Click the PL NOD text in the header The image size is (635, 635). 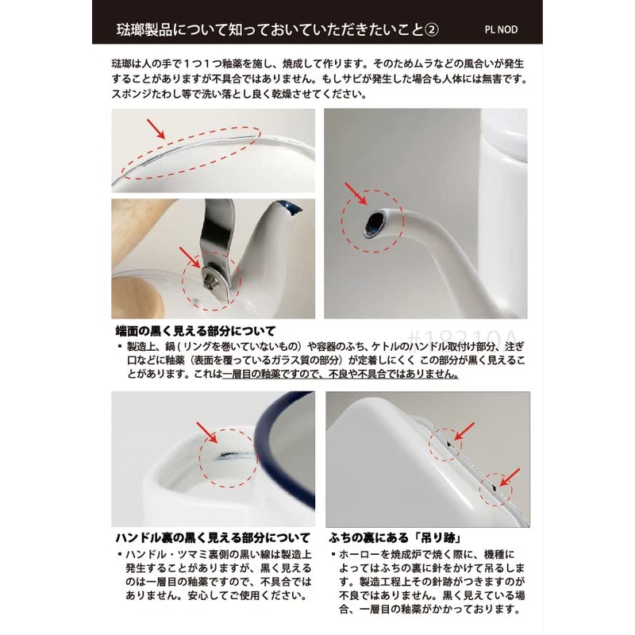[500, 29]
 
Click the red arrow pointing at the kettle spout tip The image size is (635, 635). [354, 193]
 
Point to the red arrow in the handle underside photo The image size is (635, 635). [209, 433]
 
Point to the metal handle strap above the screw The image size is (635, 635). [218, 230]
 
